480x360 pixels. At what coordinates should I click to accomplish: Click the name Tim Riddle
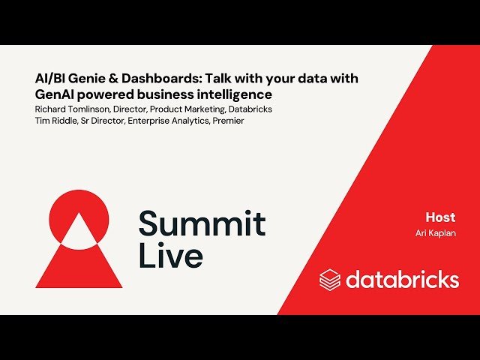click(x=56, y=121)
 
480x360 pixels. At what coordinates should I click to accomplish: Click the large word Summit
click(x=202, y=224)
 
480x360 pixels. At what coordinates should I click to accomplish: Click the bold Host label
click(x=440, y=217)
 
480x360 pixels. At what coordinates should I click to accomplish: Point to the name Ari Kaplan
click(x=436, y=233)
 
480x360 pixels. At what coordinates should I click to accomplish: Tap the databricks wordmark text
click(x=402, y=280)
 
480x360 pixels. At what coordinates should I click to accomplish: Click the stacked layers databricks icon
click(x=330, y=280)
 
